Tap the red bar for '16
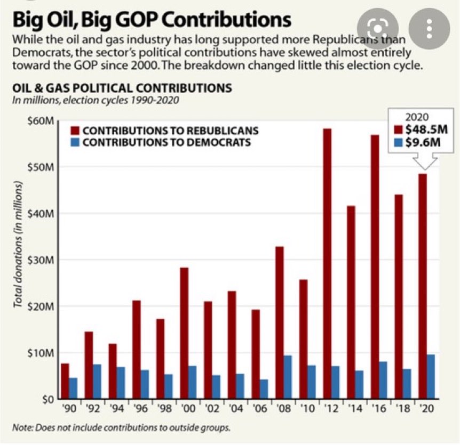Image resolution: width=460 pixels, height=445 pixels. pos(376,266)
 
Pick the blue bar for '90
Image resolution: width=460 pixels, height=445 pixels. pos(73,388)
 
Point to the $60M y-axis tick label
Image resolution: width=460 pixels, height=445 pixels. pos(41,121)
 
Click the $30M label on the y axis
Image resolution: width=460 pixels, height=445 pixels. pos(41,260)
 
